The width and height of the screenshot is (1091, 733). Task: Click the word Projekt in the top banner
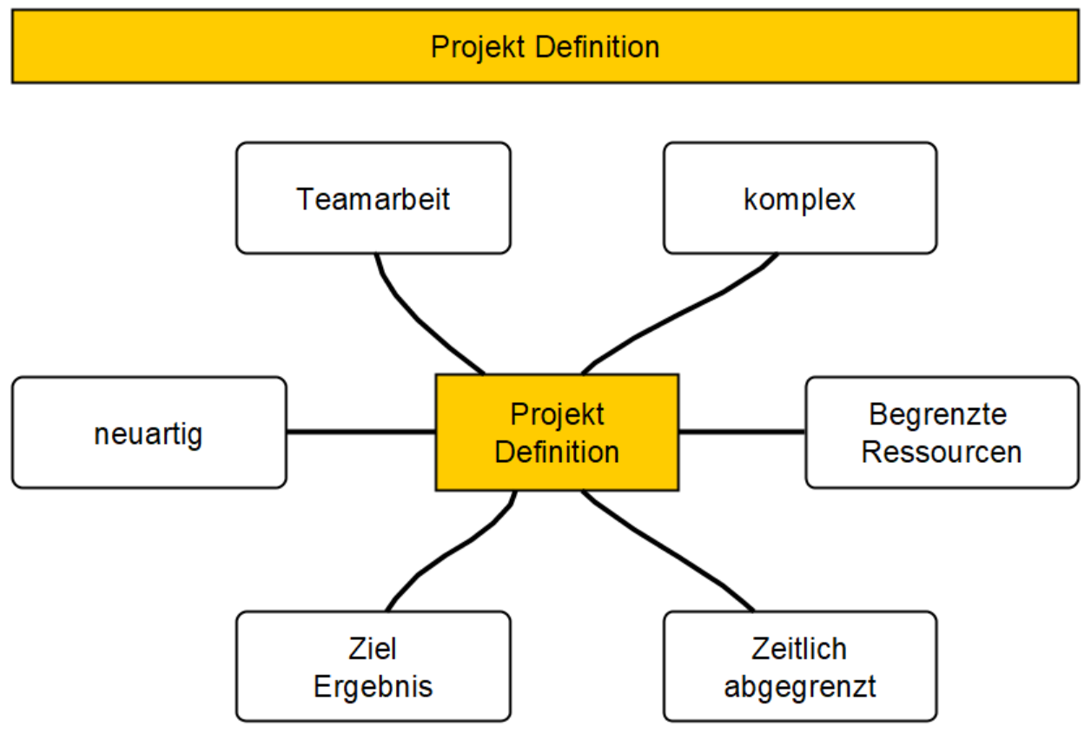478,49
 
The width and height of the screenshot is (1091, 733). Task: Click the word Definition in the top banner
598,47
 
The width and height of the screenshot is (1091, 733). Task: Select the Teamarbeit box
374,198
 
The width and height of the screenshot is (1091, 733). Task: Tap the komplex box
800,198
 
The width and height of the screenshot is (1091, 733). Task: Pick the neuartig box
149,433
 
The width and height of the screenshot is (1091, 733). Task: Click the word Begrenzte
938,415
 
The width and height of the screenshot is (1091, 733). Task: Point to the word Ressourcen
942,452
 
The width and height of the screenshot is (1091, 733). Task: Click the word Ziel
373,649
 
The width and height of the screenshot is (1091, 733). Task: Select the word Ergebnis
374,687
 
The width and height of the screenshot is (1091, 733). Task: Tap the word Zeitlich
799,649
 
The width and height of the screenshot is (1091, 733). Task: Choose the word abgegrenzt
800,687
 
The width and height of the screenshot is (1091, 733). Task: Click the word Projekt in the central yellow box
557,415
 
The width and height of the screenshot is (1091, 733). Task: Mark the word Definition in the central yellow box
557,452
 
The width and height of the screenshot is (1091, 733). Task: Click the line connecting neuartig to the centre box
360,432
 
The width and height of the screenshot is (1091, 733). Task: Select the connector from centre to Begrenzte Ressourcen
742,432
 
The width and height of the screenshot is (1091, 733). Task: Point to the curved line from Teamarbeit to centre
418,319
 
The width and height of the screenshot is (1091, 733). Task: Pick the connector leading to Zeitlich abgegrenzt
666,550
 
